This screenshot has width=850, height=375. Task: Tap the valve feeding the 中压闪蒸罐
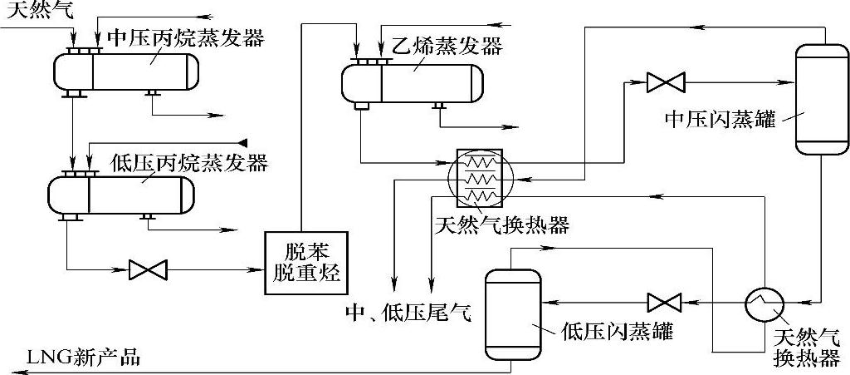point(666,81)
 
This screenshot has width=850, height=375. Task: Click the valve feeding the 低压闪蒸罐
point(664,301)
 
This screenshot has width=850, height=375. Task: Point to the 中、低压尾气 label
point(408,313)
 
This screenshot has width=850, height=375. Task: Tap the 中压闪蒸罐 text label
point(720,120)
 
